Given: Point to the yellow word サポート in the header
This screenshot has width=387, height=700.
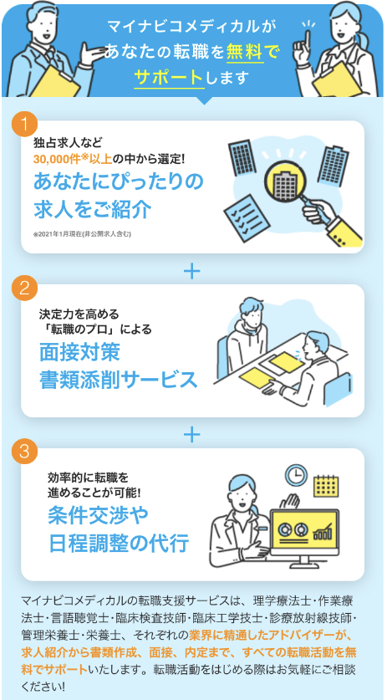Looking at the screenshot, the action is tap(168, 77).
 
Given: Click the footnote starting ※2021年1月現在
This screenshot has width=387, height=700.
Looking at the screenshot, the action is tap(82, 234).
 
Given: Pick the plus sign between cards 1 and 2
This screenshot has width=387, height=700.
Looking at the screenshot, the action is tap(192, 270).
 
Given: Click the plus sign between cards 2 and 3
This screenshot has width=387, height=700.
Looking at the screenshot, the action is tap(192, 434).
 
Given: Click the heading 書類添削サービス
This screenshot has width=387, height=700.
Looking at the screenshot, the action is tap(118, 380).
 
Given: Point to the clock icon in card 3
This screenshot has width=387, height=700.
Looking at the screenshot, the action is tap(297, 475).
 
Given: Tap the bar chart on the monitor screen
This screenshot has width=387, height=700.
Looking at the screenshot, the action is tap(323, 531).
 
